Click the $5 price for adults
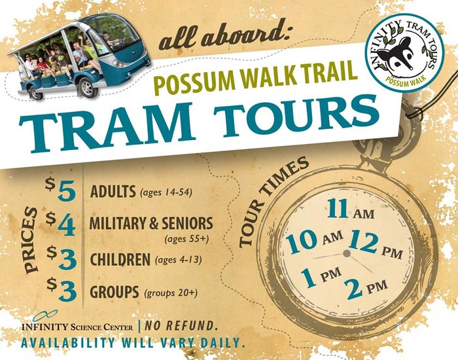coord(61,190)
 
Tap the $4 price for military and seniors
coord(61,224)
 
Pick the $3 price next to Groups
coord(62,289)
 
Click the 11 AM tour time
coord(351,209)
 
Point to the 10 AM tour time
coord(314,240)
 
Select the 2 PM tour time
coord(367,287)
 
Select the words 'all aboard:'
coord(224,37)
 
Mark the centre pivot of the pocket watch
coord(347,253)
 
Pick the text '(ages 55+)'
coord(187,239)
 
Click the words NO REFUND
coord(181,326)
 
